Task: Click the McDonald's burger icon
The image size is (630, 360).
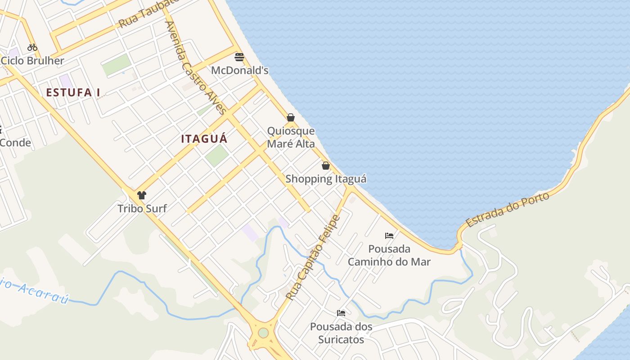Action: point(239,57)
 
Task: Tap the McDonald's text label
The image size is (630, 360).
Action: point(240,70)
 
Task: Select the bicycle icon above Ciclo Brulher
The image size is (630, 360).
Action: point(32,47)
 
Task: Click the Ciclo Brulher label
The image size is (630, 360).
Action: point(32,61)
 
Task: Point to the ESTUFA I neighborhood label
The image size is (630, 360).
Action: point(73,93)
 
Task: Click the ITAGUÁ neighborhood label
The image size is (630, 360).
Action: point(204,139)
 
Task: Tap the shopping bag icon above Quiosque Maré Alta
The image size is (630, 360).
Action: point(291,117)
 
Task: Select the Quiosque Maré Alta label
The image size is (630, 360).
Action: point(291,137)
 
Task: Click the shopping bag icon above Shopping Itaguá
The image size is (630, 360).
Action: point(326,166)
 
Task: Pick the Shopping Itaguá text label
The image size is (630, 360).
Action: point(326,179)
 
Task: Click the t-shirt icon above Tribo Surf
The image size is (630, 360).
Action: point(142,195)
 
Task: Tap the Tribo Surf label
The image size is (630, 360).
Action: point(142,208)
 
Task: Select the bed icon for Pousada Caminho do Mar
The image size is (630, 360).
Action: point(389,236)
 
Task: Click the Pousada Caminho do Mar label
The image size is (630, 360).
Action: point(389,255)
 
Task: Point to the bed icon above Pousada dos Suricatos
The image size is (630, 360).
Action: point(341,313)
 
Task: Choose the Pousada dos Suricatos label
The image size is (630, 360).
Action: point(341,333)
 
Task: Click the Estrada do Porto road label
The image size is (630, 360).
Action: point(507,210)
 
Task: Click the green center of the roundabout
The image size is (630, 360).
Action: point(263,333)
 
